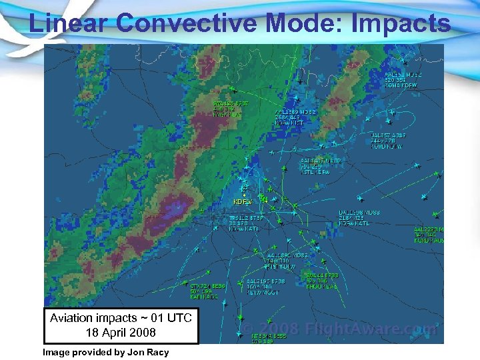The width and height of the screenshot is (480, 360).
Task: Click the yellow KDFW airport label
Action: (242, 201)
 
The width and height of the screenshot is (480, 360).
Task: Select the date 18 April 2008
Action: (121, 332)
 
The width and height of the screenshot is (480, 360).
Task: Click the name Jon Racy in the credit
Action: (149, 352)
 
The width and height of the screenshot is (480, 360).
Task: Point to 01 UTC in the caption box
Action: (167, 318)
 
